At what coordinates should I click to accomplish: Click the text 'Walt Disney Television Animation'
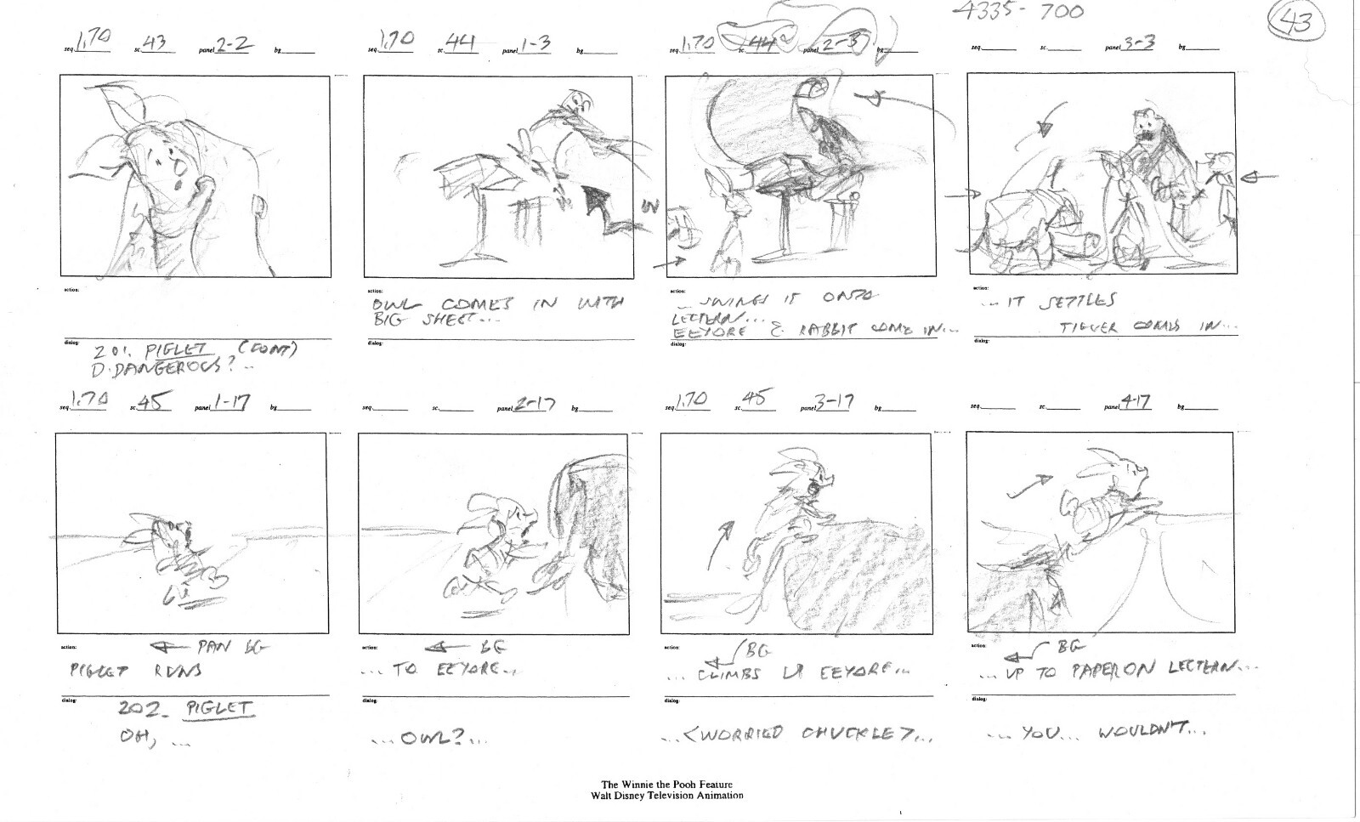pyautogui.click(x=667, y=796)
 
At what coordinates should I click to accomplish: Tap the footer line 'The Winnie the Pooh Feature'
pyautogui.click(x=667, y=785)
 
